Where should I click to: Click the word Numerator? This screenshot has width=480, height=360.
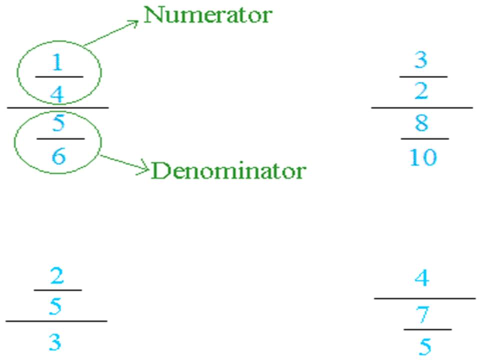(207, 15)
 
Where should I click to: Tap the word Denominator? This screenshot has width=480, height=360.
(228, 171)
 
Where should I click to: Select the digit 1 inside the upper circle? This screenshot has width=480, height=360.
(58, 63)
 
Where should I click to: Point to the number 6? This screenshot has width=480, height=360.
(58, 157)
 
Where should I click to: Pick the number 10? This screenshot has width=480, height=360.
(422, 157)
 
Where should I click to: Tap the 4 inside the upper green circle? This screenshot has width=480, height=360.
(58, 93)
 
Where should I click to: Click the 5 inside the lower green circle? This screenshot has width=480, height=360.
(58, 123)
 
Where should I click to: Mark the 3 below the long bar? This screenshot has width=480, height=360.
(55, 343)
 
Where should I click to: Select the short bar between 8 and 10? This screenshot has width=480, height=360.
(424, 138)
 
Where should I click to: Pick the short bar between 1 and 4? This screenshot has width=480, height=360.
(58, 77)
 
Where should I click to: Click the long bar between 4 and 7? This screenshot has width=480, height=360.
(425, 298)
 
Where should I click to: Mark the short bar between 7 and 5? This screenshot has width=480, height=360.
(427, 329)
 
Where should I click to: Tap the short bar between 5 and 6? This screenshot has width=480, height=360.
(60, 138)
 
